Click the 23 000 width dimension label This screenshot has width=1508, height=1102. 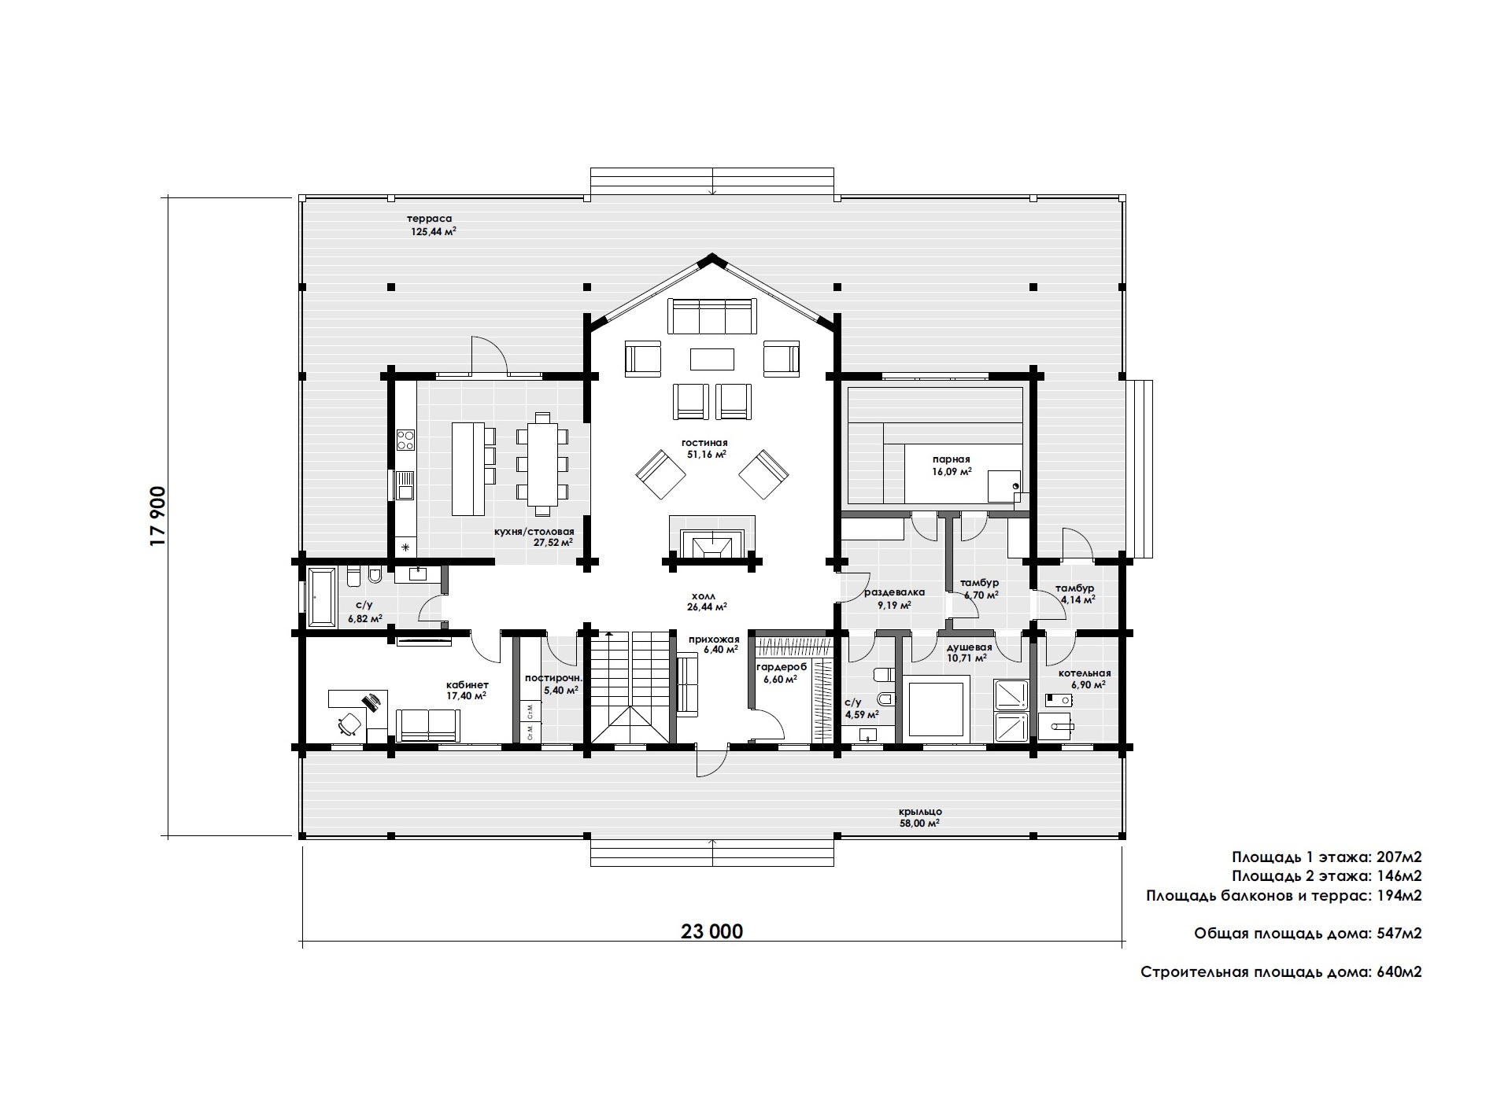point(711,931)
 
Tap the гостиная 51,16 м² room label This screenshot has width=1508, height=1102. point(704,448)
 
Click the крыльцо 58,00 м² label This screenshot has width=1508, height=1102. point(920,817)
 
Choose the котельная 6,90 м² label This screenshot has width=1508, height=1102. point(1085,679)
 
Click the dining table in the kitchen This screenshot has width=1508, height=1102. point(541,458)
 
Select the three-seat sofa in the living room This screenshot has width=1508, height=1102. point(711,316)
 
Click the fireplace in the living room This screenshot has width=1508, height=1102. point(711,538)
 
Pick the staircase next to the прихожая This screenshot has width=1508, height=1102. point(629,687)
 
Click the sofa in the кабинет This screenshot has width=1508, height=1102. point(428,725)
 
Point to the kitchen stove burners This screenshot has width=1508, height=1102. point(405,440)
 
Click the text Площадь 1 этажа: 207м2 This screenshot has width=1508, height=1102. point(1326,857)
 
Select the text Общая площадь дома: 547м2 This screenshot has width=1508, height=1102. point(1307,934)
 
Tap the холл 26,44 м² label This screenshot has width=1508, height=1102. point(704,602)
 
